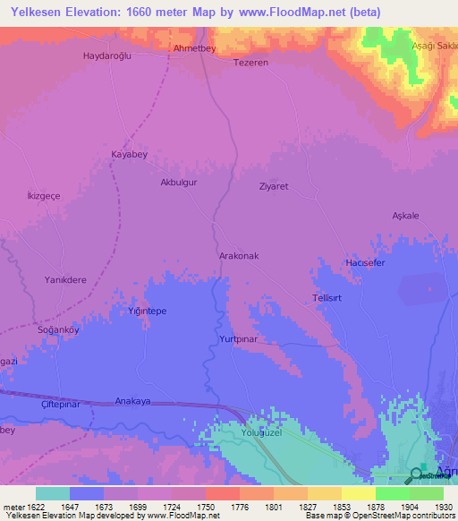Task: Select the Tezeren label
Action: point(250,64)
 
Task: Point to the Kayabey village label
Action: point(129,154)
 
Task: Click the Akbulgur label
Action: point(177,182)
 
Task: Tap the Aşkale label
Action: point(405,216)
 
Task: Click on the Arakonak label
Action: point(239,256)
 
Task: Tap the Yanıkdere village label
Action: point(65,279)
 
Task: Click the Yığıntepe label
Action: point(148,311)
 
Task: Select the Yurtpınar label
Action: point(238,340)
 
